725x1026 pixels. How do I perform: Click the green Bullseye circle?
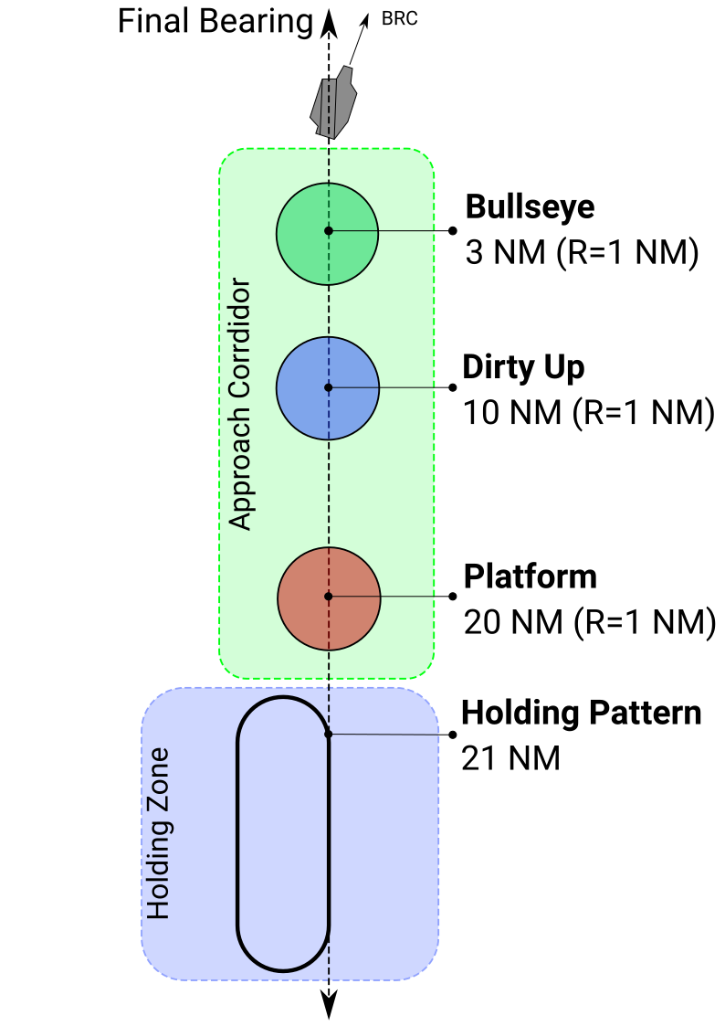327,234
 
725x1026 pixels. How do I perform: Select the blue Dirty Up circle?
328,388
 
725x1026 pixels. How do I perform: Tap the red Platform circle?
329,598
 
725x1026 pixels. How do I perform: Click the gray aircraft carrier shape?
333,102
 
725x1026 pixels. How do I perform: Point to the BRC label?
399,19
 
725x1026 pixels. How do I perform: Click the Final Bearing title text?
215,22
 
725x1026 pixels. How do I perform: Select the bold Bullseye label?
531,206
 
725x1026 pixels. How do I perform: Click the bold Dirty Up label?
523,367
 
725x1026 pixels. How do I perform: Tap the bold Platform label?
531,577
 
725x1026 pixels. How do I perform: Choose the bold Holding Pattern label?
581,713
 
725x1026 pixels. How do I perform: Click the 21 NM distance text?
510,758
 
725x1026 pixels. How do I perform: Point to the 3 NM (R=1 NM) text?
582,252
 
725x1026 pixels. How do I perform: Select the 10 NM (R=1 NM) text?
588,413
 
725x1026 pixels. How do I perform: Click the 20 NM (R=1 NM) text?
590,622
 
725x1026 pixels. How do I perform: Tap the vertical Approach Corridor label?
240,404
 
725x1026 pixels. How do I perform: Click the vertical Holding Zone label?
158,833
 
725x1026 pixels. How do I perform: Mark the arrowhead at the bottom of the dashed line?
329,1004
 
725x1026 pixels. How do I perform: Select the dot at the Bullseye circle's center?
329,230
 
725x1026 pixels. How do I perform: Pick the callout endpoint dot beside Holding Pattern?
452,735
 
